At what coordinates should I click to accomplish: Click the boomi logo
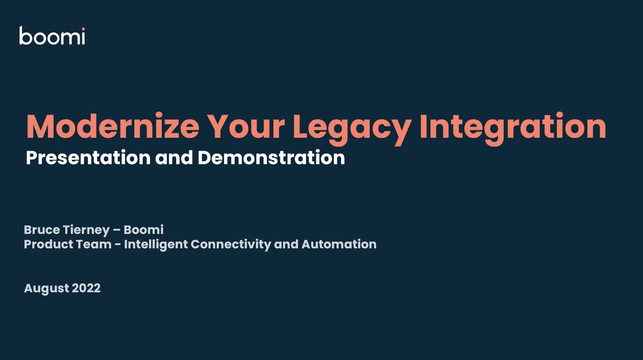tap(52, 35)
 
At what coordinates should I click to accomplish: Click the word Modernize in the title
tap(113, 126)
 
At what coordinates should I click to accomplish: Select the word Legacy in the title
tap(352, 129)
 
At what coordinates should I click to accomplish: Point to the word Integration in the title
tap(513, 128)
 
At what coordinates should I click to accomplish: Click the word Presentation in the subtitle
tap(88, 158)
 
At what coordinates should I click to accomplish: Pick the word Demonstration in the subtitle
tap(271, 158)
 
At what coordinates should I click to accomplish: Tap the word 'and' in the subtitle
tap(174, 158)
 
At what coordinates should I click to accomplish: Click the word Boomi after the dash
tap(144, 229)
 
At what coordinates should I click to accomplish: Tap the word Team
tap(94, 244)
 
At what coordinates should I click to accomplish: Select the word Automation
tap(339, 244)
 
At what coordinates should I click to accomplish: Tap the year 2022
tap(86, 288)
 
